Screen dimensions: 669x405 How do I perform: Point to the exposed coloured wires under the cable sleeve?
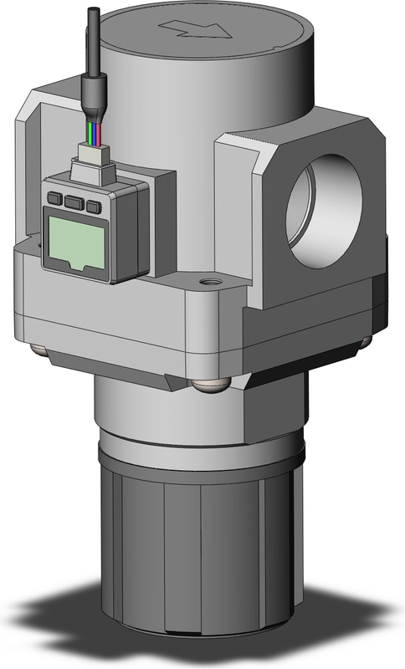coord(91,132)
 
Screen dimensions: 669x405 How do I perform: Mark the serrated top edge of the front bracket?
coord(251,135)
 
